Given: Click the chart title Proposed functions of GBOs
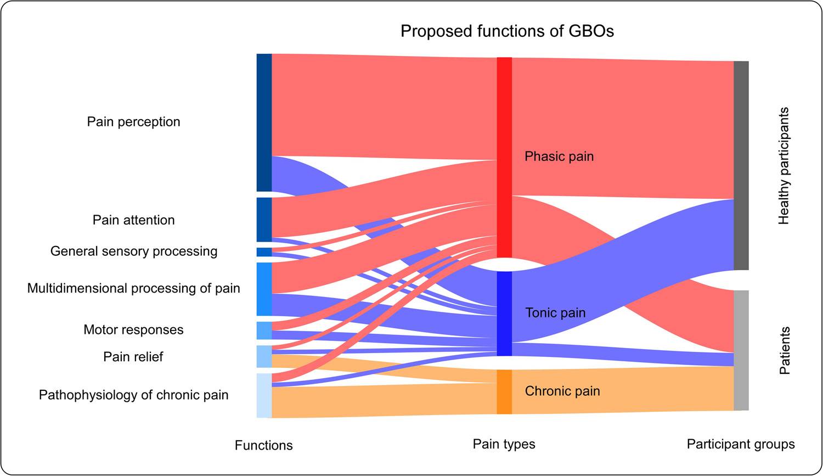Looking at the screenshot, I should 507,31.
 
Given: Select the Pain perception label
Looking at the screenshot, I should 133,121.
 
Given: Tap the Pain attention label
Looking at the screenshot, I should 133,220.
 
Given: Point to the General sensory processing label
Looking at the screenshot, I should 134,251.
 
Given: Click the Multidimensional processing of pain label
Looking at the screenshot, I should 133,288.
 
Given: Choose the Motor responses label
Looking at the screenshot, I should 133,330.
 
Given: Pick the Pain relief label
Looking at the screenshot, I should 133,357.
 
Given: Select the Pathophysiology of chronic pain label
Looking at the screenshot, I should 133,395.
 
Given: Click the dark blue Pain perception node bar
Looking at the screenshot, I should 264,122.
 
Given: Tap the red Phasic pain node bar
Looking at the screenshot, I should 504,157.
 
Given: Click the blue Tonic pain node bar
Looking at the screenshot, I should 504,313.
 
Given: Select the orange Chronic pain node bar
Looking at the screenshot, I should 504,391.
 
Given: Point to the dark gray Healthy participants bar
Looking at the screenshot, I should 741,165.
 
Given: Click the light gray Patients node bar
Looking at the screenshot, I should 741,350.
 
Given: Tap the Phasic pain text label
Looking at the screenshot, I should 559,156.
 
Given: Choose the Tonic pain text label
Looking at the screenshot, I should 555,313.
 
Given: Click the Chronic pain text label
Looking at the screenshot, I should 562,391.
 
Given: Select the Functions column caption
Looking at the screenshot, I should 263,445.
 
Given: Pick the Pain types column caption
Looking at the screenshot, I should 504,444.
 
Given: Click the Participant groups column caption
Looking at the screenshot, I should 741,444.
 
